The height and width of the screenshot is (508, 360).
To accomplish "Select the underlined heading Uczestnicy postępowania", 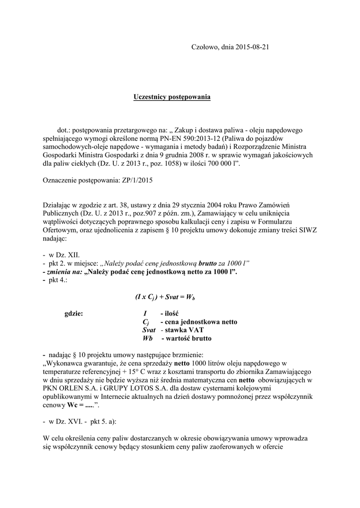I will [172, 96].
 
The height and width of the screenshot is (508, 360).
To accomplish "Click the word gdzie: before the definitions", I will [74, 314].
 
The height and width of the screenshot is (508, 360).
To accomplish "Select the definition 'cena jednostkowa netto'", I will [198, 322].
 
